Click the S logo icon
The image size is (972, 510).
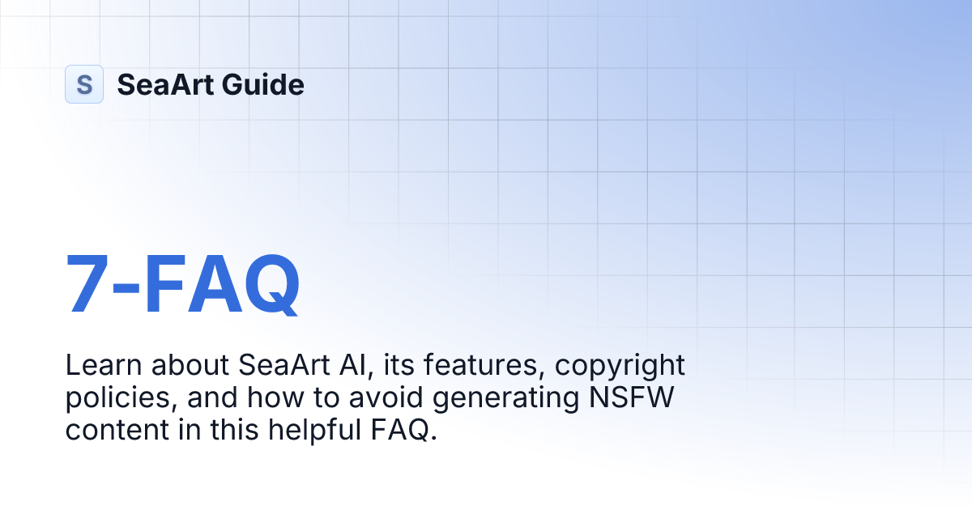(84, 84)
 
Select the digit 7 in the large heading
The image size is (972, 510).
(87, 284)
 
